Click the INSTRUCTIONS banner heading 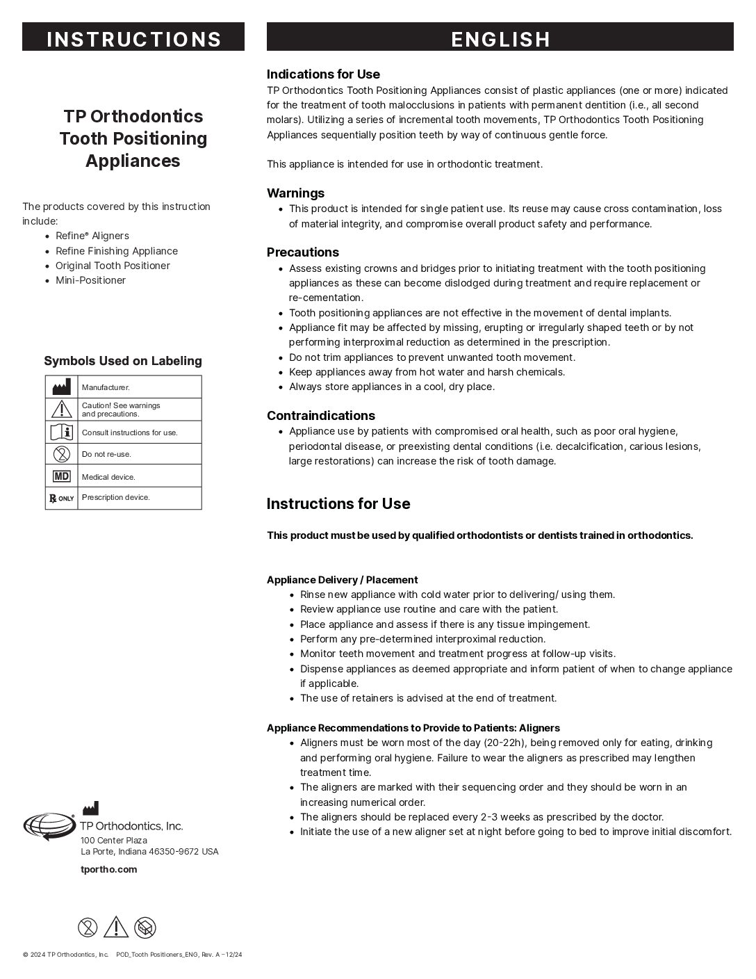tap(133, 39)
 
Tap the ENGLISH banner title tap(500, 39)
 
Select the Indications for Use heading tap(323, 74)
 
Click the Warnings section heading tap(295, 193)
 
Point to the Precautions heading tap(303, 252)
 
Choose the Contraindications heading tap(321, 416)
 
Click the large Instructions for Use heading tap(338, 504)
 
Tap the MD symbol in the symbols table tap(62, 476)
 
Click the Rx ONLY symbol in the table tap(62, 498)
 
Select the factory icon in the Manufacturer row tap(62, 387)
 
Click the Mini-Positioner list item tap(90, 280)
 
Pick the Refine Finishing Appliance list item tap(117, 251)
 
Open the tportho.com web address tap(109, 869)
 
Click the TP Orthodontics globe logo tap(49, 826)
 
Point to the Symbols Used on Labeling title tap(123, 361)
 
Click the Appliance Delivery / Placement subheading tap(343, 580)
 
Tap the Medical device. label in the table tap(108, 477)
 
